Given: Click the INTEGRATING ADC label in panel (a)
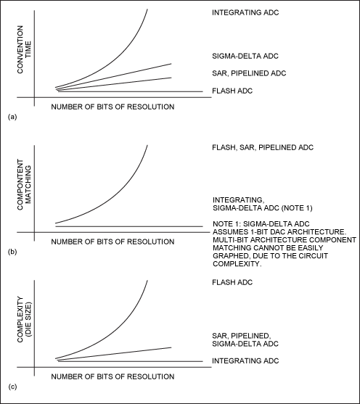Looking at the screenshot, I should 245,13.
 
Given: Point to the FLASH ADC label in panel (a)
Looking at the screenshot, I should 232,91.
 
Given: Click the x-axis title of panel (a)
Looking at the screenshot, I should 114,107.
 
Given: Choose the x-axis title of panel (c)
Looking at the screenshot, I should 114,376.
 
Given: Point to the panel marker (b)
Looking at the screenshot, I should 9,252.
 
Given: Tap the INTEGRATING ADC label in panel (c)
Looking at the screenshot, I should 245,360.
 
